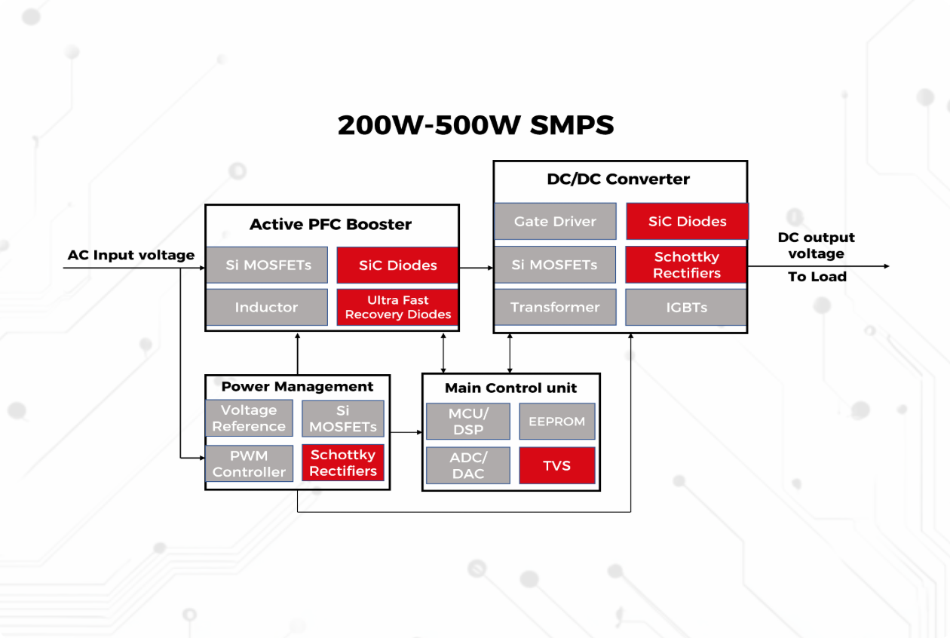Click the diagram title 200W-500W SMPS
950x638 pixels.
point(475,125)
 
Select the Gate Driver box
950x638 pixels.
point(555,222)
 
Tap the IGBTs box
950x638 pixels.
point(686,308)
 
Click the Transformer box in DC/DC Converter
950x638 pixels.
point(555,308)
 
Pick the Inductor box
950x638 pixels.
point(266,308)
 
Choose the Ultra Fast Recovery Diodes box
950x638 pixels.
point(397,308)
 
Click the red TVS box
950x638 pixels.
point(557,466)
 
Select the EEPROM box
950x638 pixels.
point(557,422)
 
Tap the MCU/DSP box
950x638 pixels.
point(467,422)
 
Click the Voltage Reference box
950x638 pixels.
point(249,419)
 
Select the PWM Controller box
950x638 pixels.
point(249,463)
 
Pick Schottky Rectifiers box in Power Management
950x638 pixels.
point(343,463)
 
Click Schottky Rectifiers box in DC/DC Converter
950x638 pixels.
point(686,265)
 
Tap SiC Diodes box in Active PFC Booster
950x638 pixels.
point(397,265)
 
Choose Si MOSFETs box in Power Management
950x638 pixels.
point(343,419)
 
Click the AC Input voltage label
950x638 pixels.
point(131,255)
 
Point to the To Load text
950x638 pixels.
point(817,277)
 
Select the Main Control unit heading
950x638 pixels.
point(510,388)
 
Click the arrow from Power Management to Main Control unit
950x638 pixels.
point(406,432)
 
